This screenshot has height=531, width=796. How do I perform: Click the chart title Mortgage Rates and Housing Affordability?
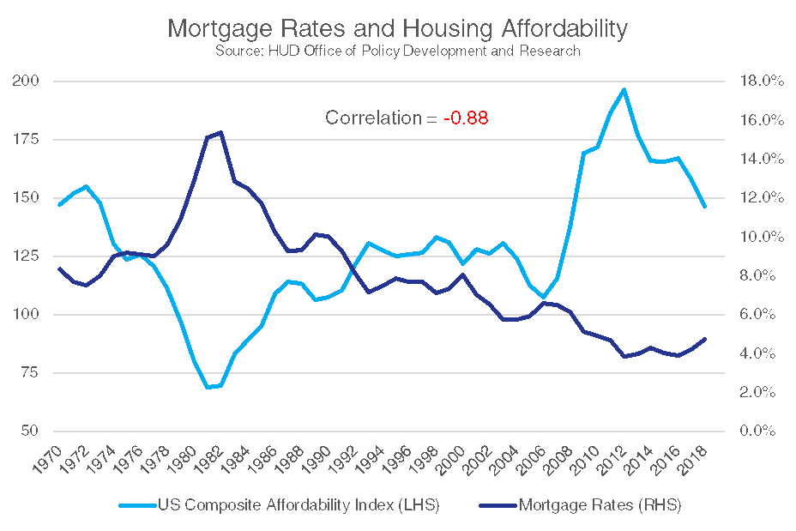pos(397,28)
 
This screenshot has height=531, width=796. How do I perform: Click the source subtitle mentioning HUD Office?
pos(397,51)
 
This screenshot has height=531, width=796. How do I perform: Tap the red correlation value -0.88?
pos(466,118)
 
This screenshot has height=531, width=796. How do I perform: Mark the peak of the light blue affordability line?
pos(624,89)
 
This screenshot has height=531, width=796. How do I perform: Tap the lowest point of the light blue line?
pos(208,388)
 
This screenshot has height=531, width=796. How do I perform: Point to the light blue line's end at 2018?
pos(704,206)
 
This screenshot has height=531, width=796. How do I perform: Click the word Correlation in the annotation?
pos(373,118)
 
